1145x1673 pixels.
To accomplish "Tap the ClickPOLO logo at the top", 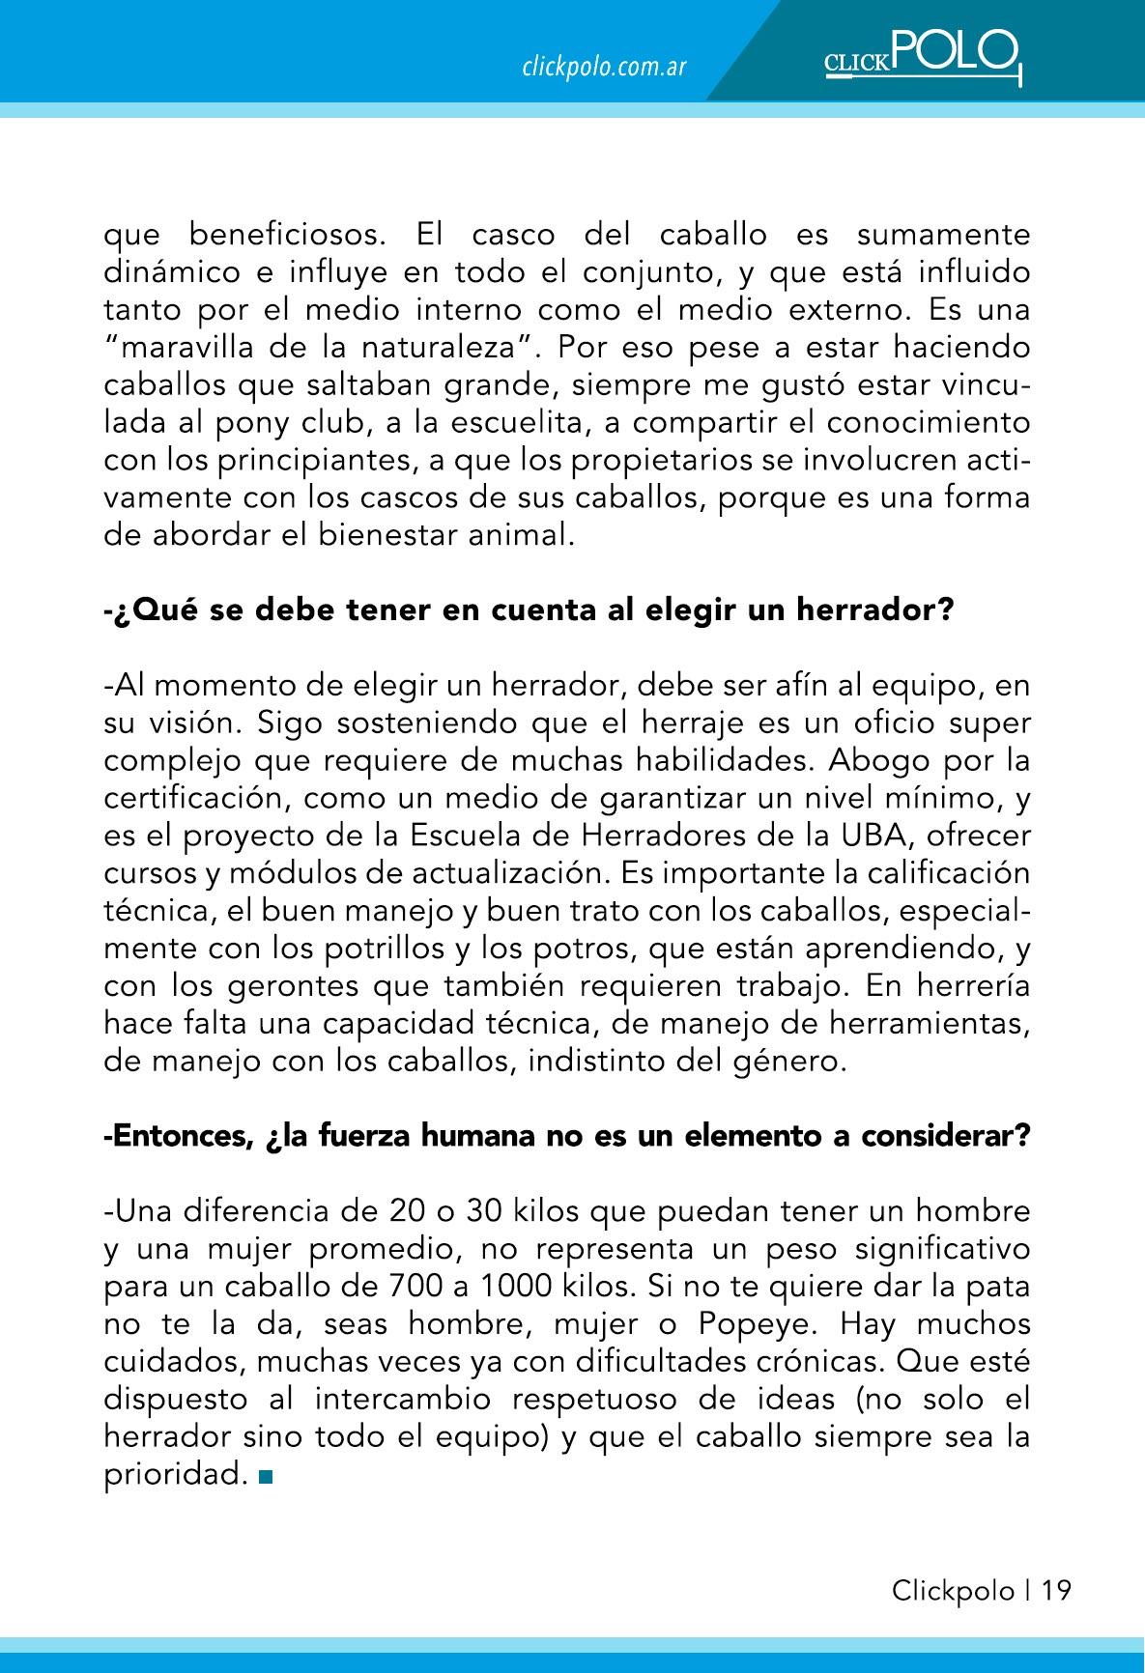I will [x=922, y=57].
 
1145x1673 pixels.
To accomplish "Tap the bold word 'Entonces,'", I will [x=180, y=1136].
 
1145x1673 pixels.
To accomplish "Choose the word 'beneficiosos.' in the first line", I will [x=289, y=235].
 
